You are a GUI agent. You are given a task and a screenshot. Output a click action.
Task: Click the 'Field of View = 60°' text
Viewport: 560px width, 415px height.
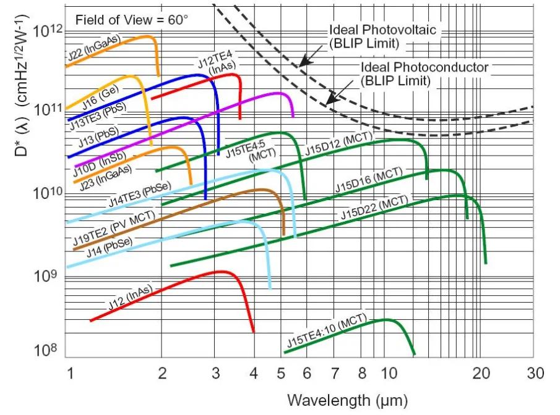[131, 19]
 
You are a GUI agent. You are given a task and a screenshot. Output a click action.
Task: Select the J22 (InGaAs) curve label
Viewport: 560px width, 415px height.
[94, 49]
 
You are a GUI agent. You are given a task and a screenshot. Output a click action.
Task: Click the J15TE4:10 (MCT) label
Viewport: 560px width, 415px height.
[327, 332]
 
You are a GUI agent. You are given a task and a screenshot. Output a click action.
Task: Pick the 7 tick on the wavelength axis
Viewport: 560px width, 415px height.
[335, 374]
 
